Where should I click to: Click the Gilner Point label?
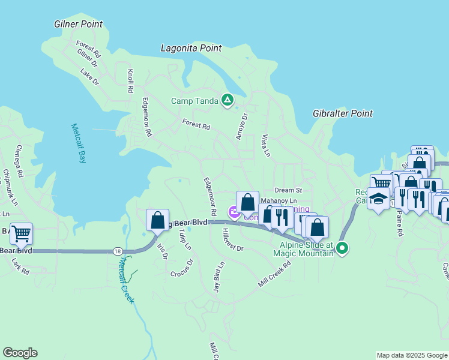78,25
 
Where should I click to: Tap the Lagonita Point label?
191,48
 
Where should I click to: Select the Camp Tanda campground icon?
228,100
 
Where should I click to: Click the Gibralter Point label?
343,113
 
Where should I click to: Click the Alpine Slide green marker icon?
342,247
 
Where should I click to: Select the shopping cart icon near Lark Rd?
21,233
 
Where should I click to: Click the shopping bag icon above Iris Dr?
157,220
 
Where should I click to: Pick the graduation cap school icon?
378,198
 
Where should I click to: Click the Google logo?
20,353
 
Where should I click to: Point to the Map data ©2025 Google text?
411,355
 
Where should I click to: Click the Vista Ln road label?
265,145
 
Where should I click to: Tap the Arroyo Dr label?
242,127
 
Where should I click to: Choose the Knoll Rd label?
130,81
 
